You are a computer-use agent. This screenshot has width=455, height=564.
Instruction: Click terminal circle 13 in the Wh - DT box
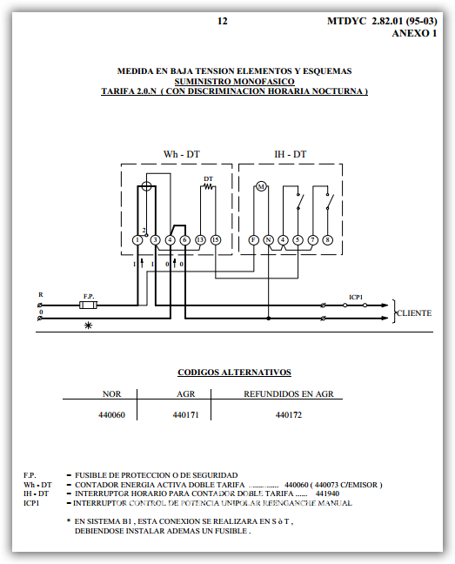point(200,239)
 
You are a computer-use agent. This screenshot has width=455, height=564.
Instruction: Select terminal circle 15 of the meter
point(215,239)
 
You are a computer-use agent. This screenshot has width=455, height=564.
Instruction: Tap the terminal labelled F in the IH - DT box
point(253,239)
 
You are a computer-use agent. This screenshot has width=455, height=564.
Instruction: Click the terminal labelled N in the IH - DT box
point(269,239)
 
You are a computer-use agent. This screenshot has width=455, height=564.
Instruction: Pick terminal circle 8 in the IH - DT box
point(327,239)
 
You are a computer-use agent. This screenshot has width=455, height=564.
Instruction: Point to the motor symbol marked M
point(260,187)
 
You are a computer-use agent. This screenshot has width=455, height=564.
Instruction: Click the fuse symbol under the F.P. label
point(89,305)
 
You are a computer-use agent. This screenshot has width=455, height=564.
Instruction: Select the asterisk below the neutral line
point(87,326)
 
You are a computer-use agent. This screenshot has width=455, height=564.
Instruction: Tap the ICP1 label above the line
point(356,297)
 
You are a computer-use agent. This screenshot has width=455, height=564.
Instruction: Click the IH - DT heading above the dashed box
point(290,154)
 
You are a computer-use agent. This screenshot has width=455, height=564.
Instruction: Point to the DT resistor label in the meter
point(208,179)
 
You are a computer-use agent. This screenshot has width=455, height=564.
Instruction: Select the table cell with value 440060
point(112,415)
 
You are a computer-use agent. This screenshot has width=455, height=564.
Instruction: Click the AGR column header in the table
point(186,393)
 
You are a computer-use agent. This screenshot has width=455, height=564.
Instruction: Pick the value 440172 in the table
point(288,415)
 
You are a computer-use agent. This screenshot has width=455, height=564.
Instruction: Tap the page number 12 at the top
point(223,20)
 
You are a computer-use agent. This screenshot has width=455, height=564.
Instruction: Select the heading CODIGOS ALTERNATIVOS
point(234,372)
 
